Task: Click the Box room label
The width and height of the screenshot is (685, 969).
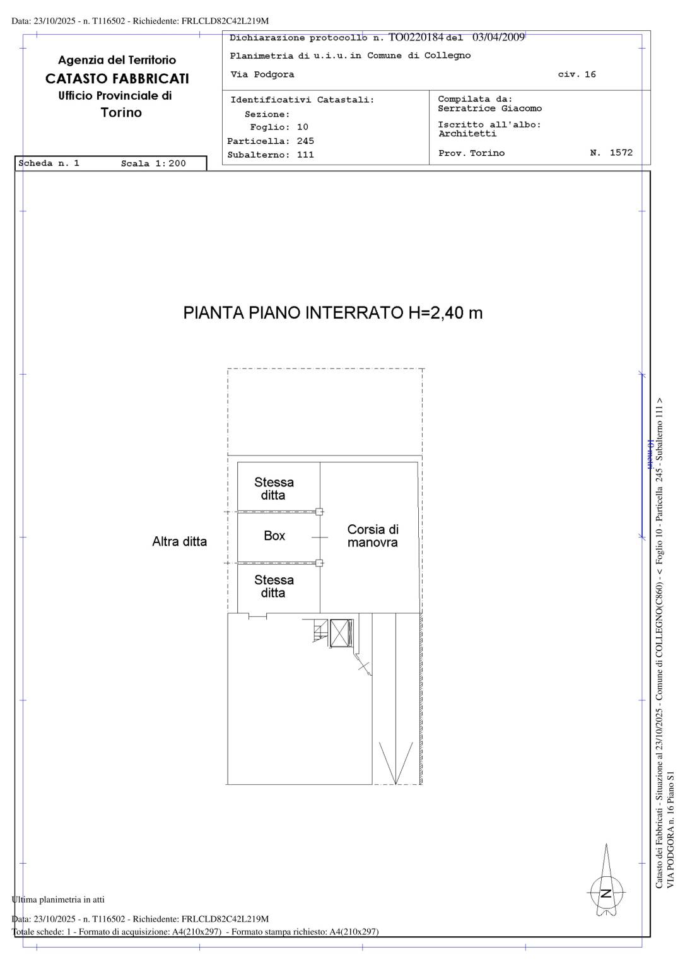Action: (274, 536)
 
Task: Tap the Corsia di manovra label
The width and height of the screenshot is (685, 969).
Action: (373, 536)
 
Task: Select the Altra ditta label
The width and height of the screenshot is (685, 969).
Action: (180, 541)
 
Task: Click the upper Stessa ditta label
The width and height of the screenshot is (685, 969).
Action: (274, 488)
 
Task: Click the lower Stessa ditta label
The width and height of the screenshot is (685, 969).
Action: (274, 586)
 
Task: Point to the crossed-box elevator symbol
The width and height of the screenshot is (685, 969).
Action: (342, 633)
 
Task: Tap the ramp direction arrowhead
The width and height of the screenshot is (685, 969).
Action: (395, 763)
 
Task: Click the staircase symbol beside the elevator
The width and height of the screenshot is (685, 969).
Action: (319, 630)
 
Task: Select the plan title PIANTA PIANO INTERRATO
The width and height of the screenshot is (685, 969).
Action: (293, 313)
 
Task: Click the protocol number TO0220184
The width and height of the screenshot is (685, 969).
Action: (416, 37)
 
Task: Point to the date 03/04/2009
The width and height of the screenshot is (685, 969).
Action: (498, 37)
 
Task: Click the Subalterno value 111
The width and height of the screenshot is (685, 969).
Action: (305, 155)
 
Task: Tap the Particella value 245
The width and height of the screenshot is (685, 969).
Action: (305, 141)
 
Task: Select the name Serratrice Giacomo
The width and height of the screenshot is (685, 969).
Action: (489, 108)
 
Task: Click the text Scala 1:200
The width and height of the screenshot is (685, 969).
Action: (153, 163)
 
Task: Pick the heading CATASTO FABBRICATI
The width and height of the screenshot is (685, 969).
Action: (117, 79)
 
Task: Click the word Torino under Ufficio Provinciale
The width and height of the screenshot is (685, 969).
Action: (121, 112)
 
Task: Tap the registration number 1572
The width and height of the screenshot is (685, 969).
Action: (621, 153)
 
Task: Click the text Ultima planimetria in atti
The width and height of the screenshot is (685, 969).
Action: (58, 900)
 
